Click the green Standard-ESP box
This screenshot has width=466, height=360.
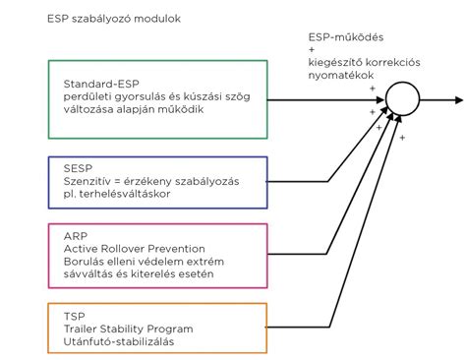click(x=157, y=98)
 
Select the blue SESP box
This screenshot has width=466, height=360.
click(x=157, y=181)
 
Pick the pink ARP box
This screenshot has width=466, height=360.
click(x=157, y=254)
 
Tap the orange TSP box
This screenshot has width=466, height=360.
click(x=157, y=329)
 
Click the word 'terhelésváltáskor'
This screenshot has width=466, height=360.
click(x=127, y=194)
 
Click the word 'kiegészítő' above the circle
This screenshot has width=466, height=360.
click(x=335, y=61)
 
